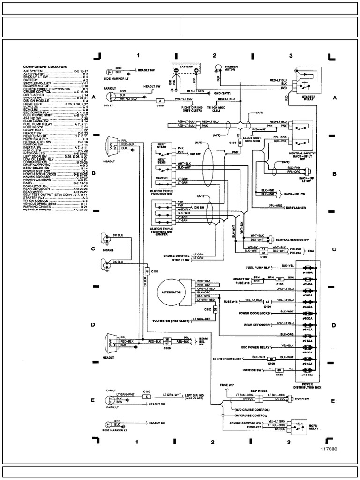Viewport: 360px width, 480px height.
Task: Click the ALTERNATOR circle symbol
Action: [174, 291]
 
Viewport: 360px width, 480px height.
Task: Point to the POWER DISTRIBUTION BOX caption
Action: [307, 386]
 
